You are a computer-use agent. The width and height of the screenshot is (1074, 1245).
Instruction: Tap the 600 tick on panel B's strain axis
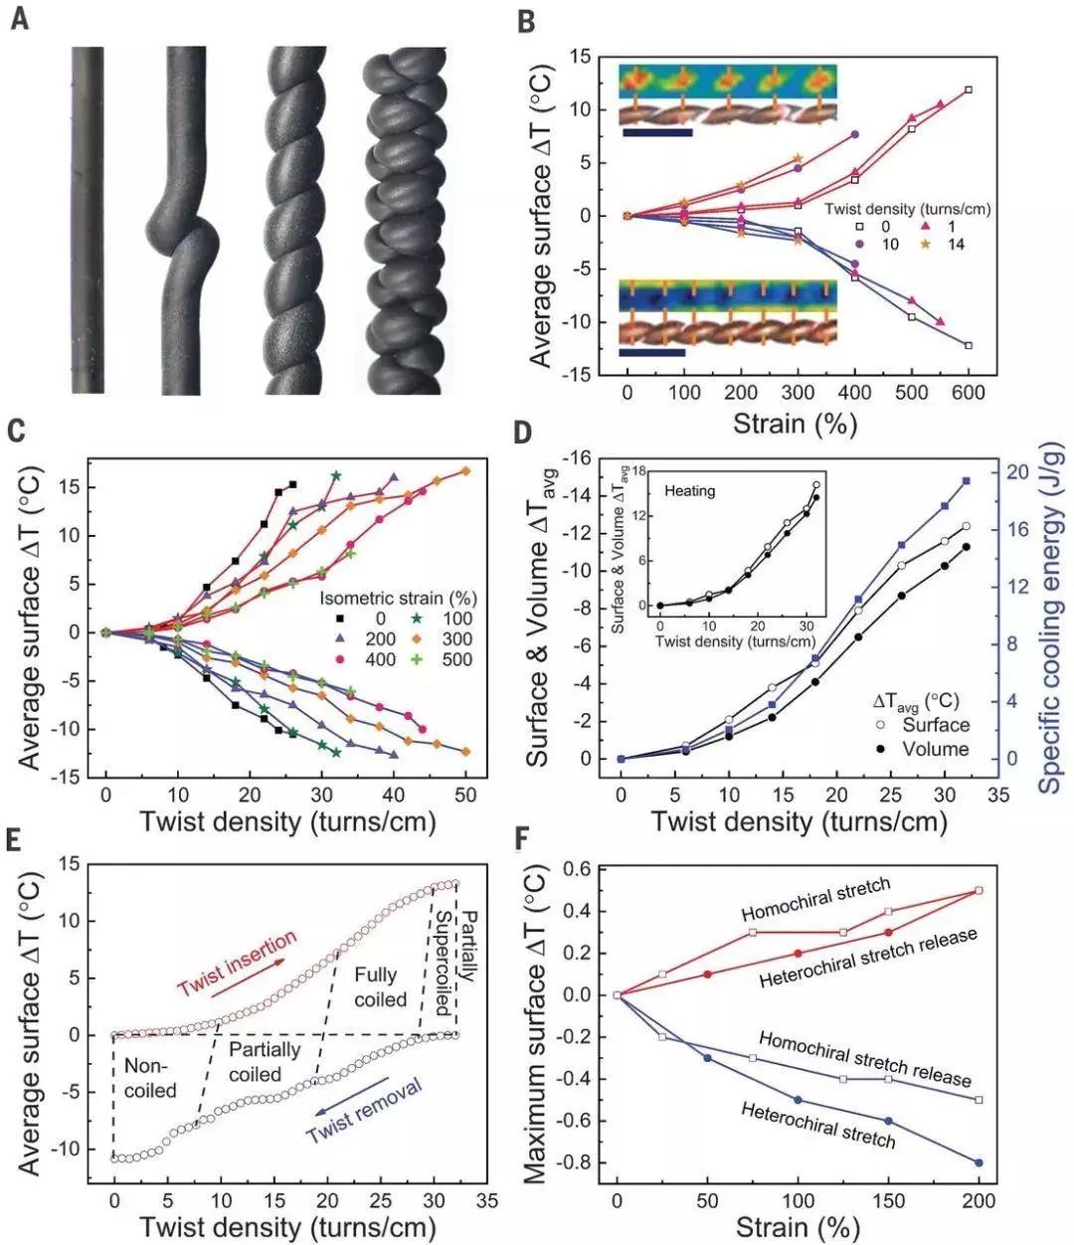(968, 393)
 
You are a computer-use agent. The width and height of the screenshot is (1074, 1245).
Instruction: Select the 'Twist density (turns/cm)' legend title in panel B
(907, 210)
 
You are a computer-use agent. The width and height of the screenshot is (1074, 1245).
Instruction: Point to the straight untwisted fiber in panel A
(88, 219)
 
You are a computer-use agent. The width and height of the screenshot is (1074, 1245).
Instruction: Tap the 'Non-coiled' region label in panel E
(150, 1078)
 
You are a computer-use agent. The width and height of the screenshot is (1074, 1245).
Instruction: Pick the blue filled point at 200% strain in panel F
(979, 1162)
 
